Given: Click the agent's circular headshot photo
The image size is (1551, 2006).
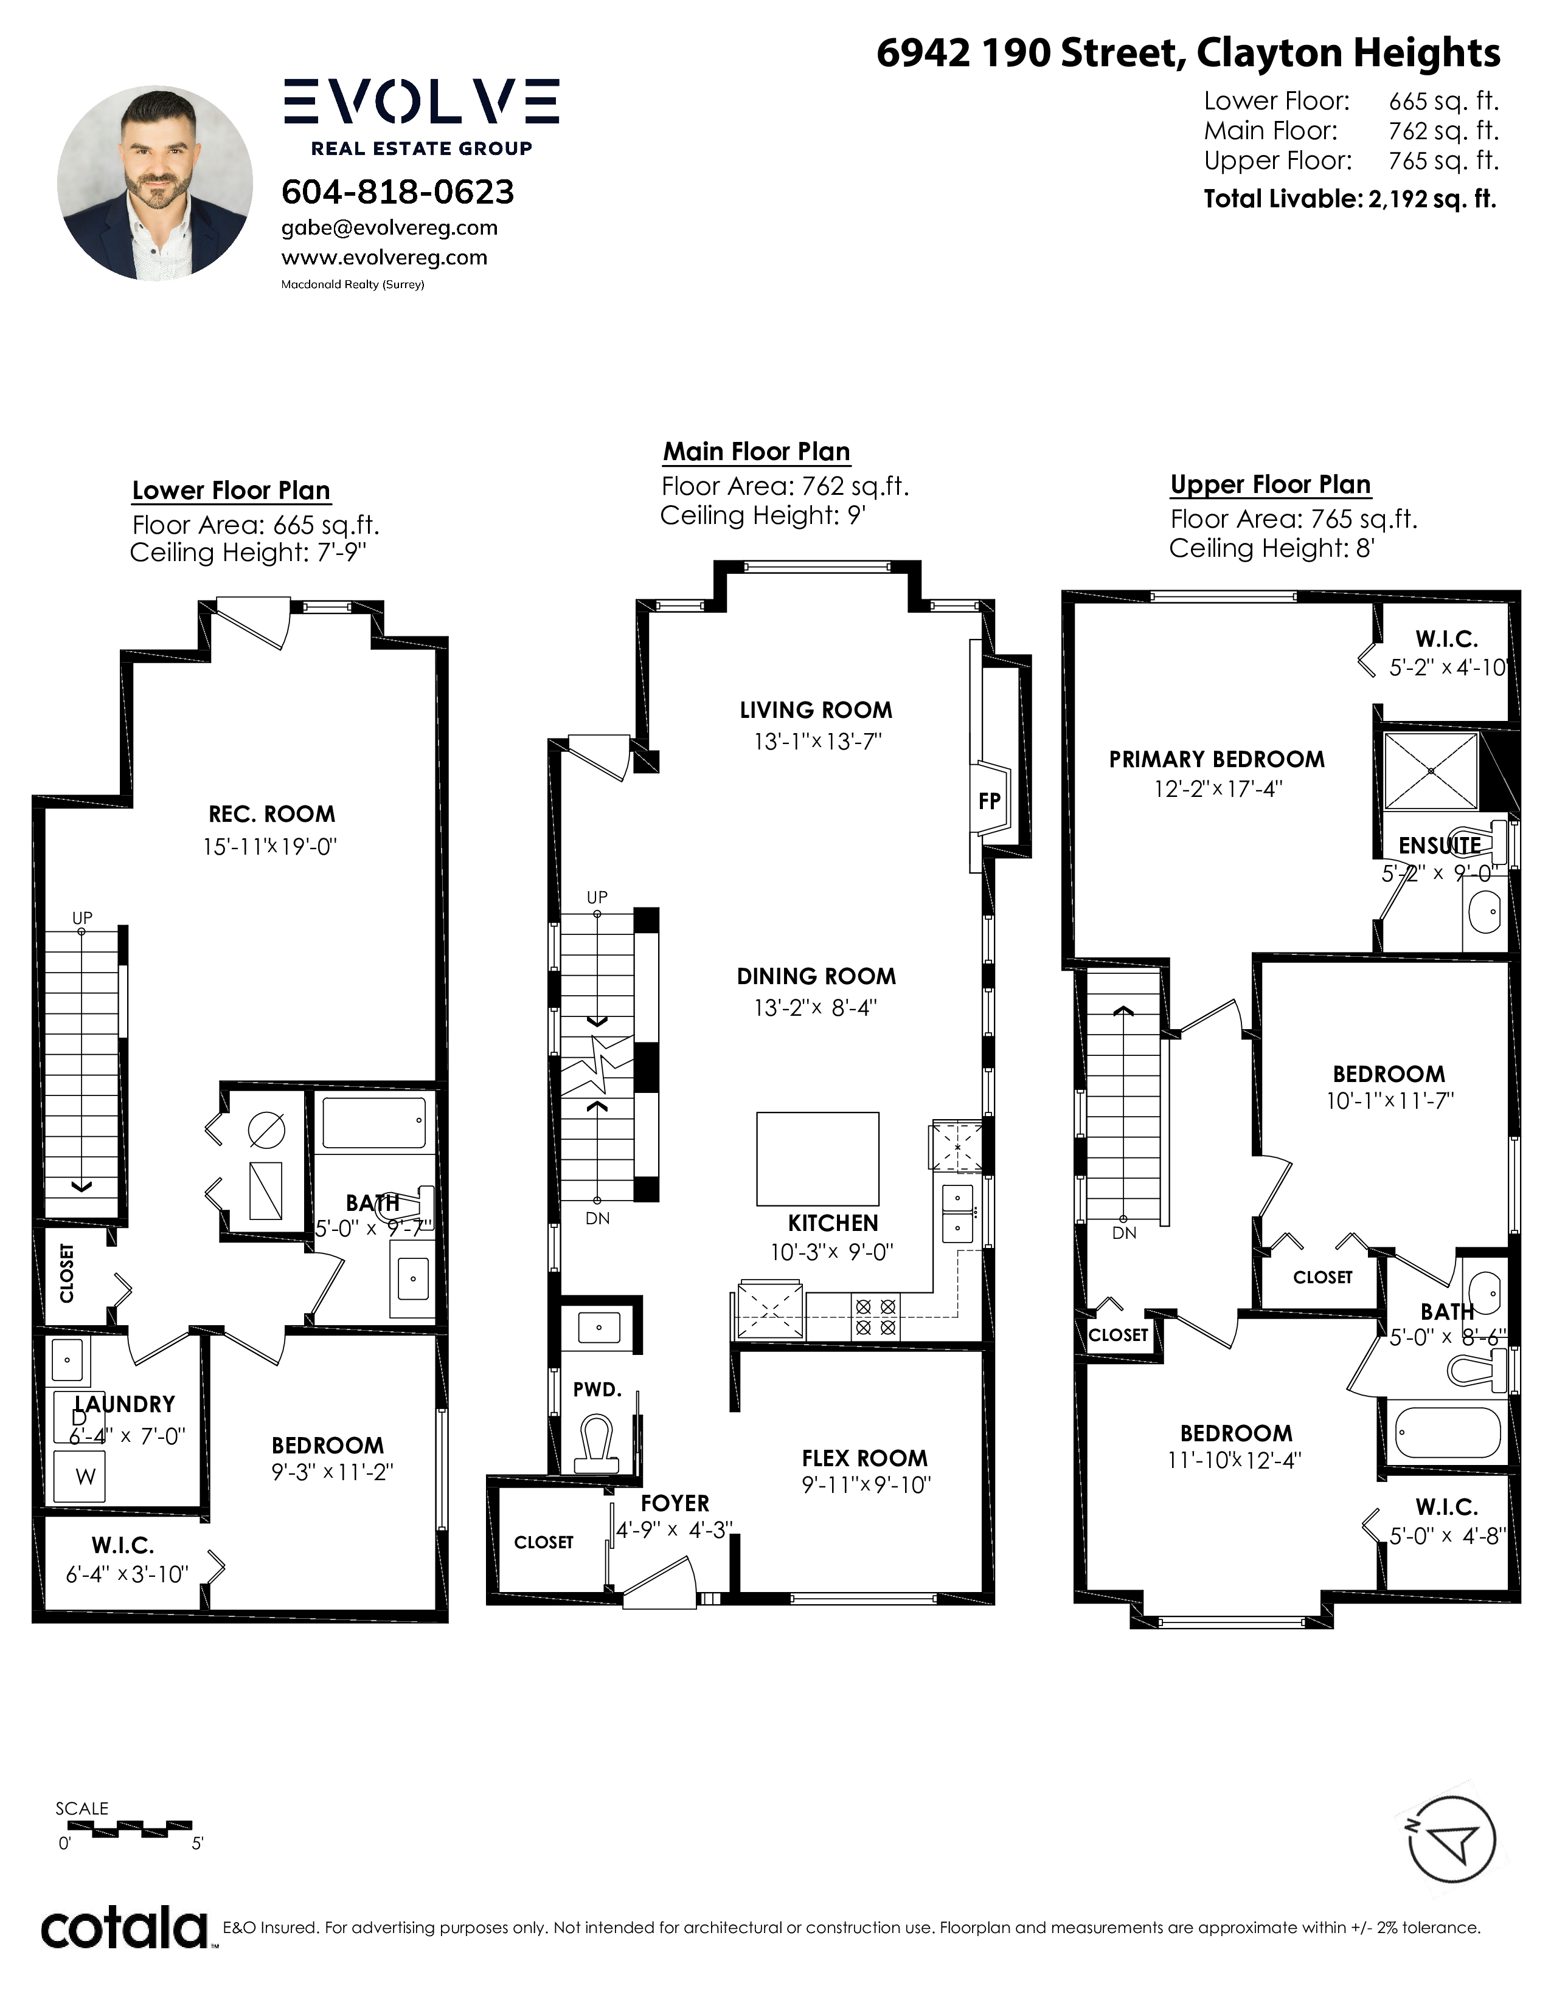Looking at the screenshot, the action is point(155,184).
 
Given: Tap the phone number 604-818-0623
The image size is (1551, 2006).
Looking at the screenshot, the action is point(397,192).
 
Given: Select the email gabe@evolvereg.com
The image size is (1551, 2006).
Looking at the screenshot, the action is point(390,228).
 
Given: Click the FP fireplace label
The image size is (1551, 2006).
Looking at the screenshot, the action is point(988,801).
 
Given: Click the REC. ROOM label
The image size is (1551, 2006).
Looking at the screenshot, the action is point(272,814).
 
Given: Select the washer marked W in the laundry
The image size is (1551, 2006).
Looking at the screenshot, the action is point(80,1476).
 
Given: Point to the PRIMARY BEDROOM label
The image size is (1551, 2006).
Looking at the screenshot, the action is point(1216,760).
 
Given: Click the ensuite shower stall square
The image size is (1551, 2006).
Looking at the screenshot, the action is point(1431,771).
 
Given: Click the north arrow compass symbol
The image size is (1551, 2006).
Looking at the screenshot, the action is point(1452,1840).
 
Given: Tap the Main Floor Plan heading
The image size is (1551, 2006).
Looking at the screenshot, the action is point(756,452).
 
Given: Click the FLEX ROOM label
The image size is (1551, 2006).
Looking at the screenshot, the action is point(865,1458).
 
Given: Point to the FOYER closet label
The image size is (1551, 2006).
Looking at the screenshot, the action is point(543,1542).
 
